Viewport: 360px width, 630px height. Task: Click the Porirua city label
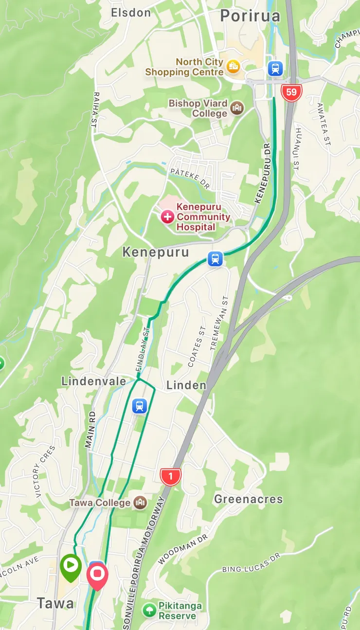(x=250, y=16)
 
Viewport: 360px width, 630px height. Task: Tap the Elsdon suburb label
(x=131, y=13)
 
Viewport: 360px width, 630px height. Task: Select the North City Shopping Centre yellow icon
(x=234, y=66)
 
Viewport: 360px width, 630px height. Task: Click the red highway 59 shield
(x=291, y=92)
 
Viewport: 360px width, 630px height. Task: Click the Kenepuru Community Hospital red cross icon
(x=168, y=217)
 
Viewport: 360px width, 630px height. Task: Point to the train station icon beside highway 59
(x=275, y=69)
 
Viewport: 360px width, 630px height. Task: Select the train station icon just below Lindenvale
(x=140, y=406)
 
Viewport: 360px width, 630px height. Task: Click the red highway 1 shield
(x=170, y=477)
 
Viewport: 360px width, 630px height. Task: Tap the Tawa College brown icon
(x=140, y=503)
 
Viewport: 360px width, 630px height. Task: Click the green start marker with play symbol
(x=71, y=566)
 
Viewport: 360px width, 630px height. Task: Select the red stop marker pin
(x=97, y=574)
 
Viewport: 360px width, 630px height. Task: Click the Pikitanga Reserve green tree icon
(x=149, y=610)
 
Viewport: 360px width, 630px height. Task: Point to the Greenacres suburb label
(x=248, y=499)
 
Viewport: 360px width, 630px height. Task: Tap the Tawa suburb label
(x=56, y=603)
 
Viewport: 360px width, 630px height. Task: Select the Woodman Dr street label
(x=183, y=550)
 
